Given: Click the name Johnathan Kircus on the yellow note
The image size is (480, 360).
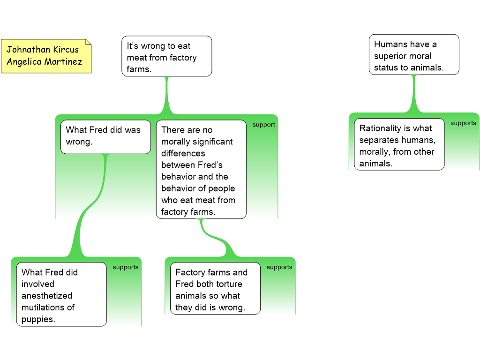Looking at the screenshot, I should point(43,50).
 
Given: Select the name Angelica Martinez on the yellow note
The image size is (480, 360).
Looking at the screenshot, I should point(44,62).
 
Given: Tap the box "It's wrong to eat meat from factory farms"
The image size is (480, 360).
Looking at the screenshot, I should point(166,57).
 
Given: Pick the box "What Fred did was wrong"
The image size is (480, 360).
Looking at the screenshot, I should point(105,136).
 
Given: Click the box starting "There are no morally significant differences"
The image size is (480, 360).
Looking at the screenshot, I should point(201,169).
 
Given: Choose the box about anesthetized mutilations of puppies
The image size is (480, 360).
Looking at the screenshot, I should point(61,294).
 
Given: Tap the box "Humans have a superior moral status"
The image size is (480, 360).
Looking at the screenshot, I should point(413,55).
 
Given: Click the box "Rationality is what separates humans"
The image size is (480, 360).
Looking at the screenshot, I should point(399,145).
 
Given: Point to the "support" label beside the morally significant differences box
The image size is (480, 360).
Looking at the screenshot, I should point(263,125).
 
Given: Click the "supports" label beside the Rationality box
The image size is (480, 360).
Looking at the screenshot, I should point(463,123).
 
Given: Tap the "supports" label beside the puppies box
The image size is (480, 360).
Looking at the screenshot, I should point(125,267).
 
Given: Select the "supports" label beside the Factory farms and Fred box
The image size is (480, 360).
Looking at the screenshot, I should point(279,267).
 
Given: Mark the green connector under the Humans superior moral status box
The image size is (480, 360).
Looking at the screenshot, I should point(413,94).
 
